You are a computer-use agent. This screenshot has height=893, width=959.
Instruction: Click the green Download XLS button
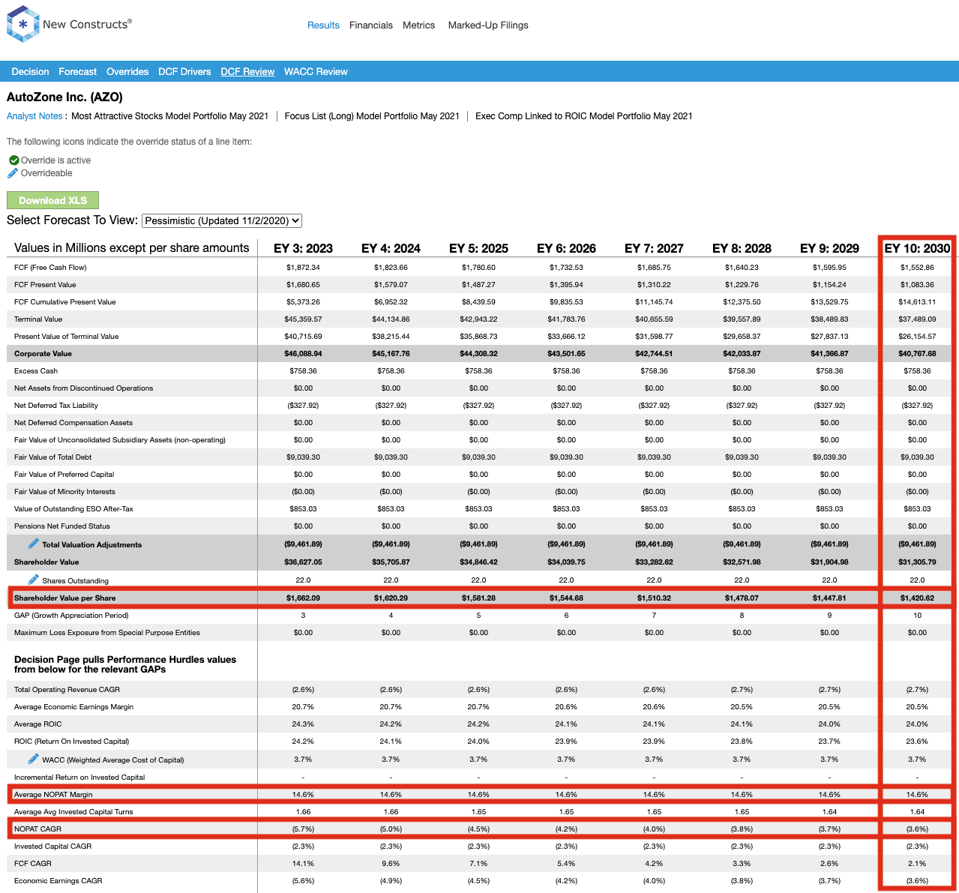point(52,200)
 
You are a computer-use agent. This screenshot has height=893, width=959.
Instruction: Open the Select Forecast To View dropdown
point(222,220)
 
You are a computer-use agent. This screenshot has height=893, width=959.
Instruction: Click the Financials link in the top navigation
point(371,25)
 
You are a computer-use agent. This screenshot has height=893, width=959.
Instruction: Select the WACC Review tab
point(316,71)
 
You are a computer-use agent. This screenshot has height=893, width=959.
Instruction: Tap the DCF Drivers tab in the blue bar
point(184,71)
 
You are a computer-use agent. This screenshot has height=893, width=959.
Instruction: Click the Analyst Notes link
point(34,116)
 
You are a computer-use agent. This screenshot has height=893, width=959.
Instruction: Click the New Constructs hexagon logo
point(22,24)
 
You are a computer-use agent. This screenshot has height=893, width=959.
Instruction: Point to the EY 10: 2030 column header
point(917,248)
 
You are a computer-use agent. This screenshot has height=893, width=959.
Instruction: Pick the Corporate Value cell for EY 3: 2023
point(303,354)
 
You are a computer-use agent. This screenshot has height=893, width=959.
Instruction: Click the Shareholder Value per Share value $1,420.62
point(917,598)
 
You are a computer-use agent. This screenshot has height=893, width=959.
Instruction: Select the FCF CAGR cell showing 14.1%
point(303,864)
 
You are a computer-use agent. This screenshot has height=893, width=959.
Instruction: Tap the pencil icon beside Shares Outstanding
point(33,580)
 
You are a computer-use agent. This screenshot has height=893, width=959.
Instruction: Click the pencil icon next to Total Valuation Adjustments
point(33,544)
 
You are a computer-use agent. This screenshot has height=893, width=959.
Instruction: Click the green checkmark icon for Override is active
point(14,160)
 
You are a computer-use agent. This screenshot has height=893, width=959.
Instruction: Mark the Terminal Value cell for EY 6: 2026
point(566,319)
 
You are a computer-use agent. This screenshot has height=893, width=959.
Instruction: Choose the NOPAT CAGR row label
point(37,829)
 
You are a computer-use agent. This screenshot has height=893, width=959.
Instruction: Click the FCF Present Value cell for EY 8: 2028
point(742,284)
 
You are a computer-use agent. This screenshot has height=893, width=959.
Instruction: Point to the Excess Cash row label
point(36,371)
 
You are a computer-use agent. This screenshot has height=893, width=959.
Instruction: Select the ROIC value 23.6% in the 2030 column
point(917,742)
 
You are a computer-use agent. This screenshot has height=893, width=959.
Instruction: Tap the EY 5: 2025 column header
point(478,248)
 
